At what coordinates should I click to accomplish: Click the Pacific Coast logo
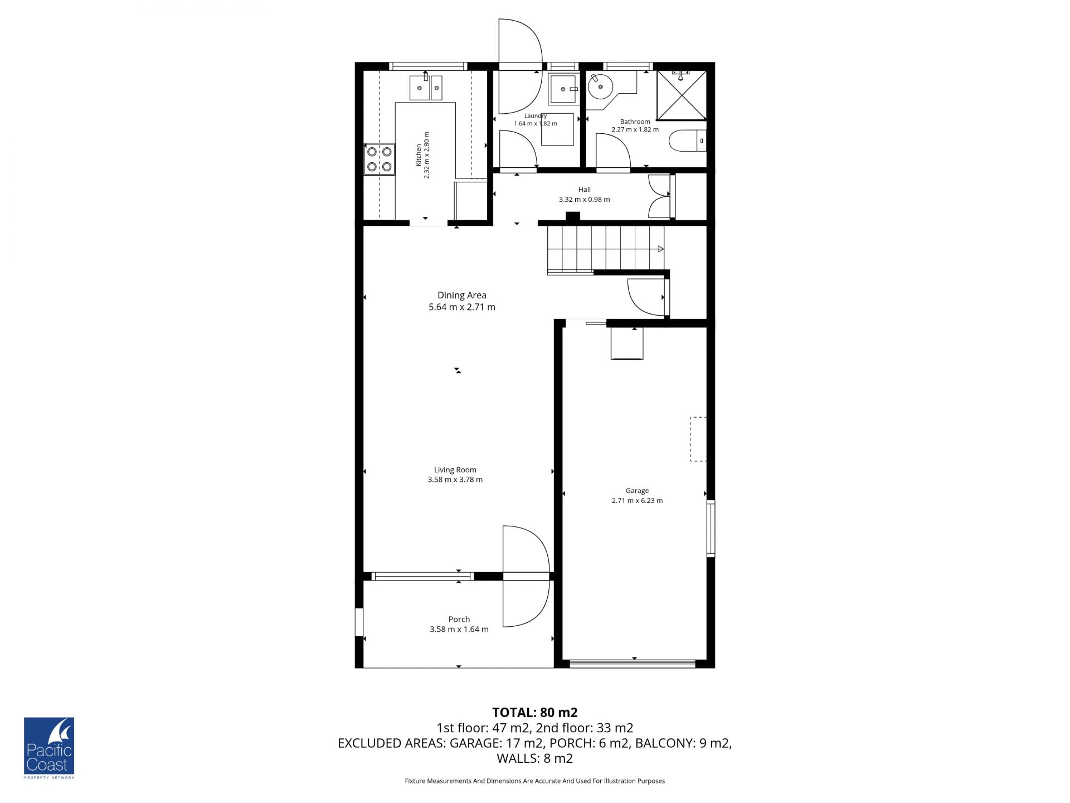click(49, 748)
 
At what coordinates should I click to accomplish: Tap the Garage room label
click(637, 491)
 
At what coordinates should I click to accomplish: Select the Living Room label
click(455, 470)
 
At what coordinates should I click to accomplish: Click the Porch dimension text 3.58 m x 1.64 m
click(459, 630)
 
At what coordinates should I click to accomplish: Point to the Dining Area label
click(462, 296)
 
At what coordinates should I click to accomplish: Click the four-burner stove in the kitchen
click(379, 159)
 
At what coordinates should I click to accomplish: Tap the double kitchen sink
click(426, 88)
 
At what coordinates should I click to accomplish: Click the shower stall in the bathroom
click(682, 95)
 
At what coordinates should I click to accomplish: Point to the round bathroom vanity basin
click(601, 86)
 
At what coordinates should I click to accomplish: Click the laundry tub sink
click(563, 89)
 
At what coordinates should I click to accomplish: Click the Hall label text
click(584, 190)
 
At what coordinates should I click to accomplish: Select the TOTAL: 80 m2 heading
click(535, 713)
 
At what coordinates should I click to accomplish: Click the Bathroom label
click(635, 122)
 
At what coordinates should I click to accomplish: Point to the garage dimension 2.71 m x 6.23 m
click(637, 501)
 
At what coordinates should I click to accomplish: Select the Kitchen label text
click(419, 155)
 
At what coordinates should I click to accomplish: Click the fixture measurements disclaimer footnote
click(535, 781)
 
